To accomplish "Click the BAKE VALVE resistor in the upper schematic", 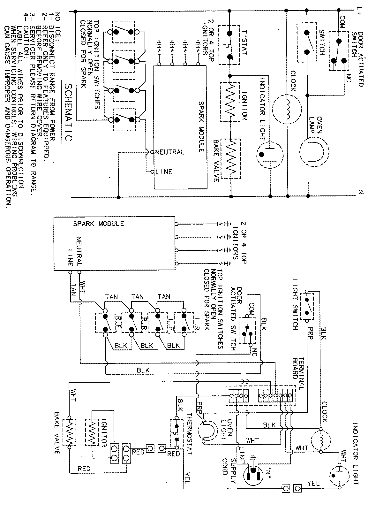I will tap(230, 158).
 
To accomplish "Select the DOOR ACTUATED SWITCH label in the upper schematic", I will tap(357, 59).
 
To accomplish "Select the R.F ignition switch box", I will tap(106, 323).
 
